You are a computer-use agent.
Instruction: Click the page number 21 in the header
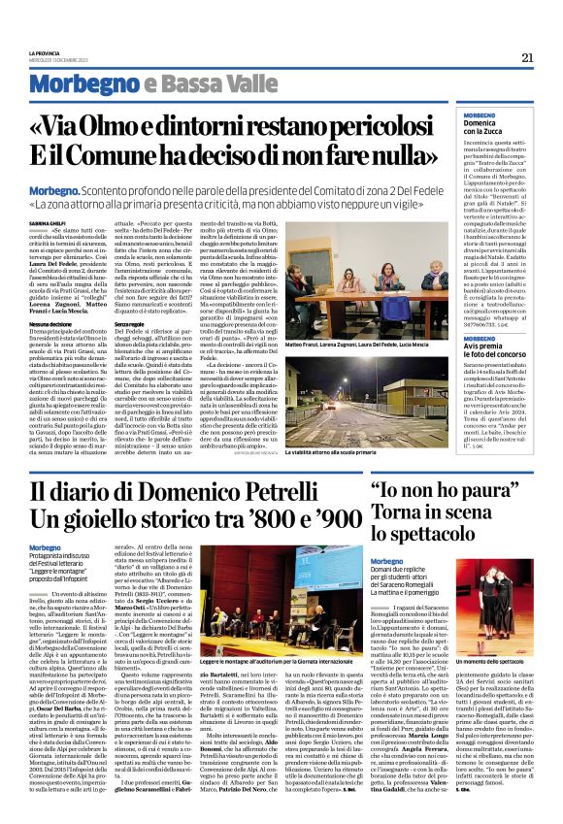[x=527, y=57]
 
